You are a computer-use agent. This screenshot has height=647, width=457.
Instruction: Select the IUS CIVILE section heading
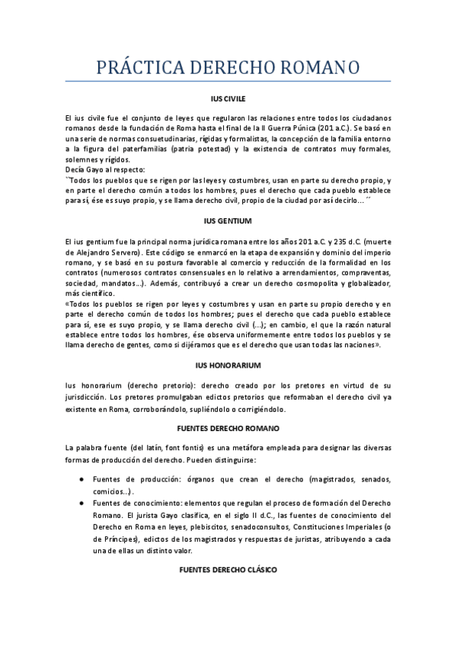click(x=228, y=99)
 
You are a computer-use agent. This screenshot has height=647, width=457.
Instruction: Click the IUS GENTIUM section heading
click(x=228, y=221)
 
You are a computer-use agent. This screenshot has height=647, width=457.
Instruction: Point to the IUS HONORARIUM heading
click(x=228, y=365)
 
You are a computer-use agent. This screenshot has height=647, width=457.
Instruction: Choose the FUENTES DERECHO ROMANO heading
click(x=228, y=428)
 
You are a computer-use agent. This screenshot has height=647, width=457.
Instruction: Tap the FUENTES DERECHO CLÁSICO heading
click(x=228, y=570)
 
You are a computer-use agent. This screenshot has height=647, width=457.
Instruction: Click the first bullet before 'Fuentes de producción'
click(x=81, y=479)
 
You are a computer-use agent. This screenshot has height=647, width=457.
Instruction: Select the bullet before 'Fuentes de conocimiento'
click(x=81, y=504)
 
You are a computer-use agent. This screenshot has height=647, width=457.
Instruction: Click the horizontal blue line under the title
click(x=228, y=82)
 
